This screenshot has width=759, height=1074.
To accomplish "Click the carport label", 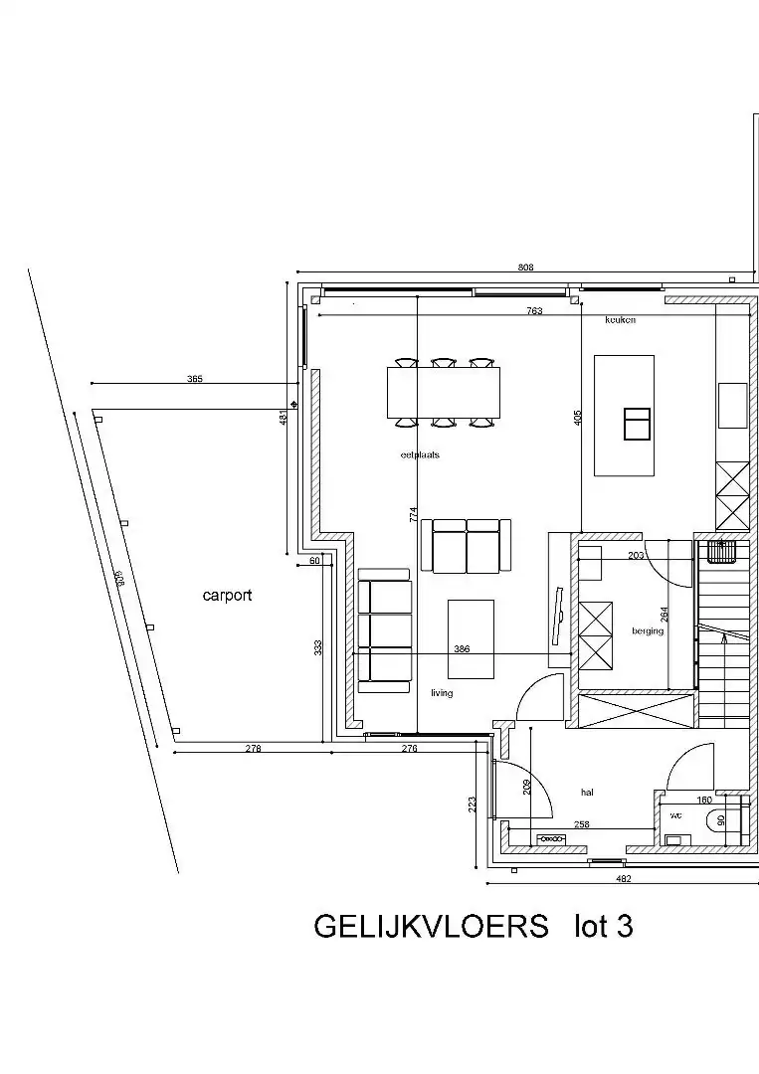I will point(227,596).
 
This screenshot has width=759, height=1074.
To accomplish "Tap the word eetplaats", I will point(420,454).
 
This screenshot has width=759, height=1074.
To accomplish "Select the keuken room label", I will point(620,320).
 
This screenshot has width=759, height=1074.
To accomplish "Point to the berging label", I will point(647,630).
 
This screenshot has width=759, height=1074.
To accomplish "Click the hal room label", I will point(587,793).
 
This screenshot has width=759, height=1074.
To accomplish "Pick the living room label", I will point(442,693).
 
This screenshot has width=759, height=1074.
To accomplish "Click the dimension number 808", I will point(526,268).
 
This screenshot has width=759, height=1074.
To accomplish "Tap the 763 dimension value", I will point(534,311).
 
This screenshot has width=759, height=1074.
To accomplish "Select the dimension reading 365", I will point(195,379).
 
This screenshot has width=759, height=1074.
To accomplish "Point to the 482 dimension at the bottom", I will point(624,878).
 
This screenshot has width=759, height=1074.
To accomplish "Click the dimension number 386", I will point(462,648).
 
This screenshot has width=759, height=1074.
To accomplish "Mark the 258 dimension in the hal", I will point(582,825).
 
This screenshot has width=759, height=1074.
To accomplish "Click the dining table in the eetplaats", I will point(443,392).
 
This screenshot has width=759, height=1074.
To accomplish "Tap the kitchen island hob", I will point(636,424).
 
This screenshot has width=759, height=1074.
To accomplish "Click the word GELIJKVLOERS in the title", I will point(431,927).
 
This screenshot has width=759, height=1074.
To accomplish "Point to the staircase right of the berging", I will point(724,636).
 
